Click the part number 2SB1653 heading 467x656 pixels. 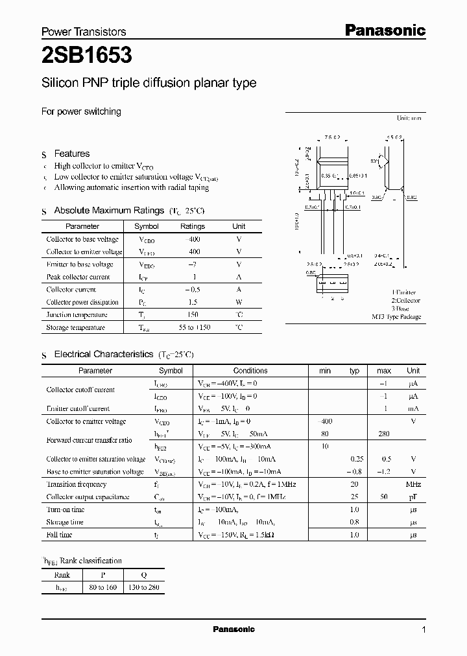(87, 56)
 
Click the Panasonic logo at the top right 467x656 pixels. (384, 30)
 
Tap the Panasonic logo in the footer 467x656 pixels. (233, 629)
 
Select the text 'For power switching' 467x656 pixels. (81, 111)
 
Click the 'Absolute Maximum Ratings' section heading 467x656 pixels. (108, 211)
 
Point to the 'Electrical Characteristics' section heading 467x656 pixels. (103, 355)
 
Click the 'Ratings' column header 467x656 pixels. (192, 226)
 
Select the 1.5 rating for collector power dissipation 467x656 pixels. (192, 302)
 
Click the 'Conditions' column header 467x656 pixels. (250, 371)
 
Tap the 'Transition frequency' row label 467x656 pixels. (77, 484)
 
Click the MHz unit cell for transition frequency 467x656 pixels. (413, 484)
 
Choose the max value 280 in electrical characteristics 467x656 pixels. (384, 434)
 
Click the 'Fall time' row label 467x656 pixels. (59, 535)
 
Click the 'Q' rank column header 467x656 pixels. (144, 574)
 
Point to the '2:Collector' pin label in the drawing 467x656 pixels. (405, 301)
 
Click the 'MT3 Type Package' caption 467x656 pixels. (396, 317)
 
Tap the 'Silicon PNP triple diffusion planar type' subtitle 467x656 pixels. (149, 83)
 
